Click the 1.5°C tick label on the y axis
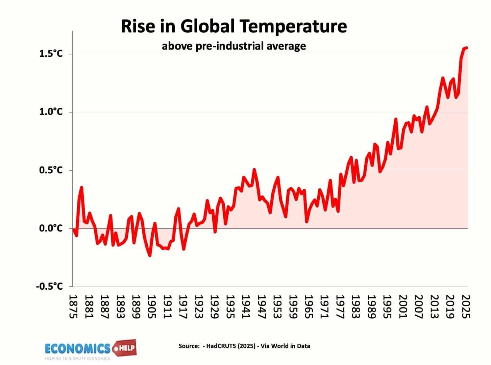click(51, 53)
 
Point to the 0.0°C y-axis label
click(51, 228)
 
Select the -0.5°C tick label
click(49, 286)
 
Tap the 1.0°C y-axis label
click(51, 112)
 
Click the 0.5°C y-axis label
click(51, 170)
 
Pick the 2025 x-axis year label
click(466, 307)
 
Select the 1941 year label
click(246, 307)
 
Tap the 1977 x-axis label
click(340, 307)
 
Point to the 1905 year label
click(152, 307)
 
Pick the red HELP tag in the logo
click(126, 347)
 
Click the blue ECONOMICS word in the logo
click(77, 348)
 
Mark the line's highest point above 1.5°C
click(466, 48)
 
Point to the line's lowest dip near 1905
click(150, 256)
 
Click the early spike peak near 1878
click(81, 187)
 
